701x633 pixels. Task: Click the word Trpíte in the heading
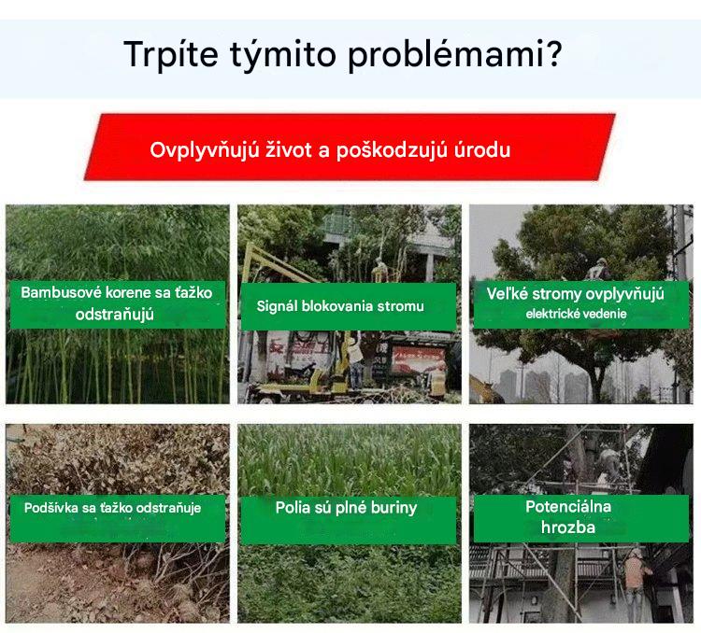[x=171, y=54]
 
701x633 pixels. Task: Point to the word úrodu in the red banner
[x=482, y=150]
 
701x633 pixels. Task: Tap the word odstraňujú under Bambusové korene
[x=114, y=315]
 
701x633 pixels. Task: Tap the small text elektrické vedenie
[x=576, y=314]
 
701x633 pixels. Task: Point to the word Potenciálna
[x=568, y=507]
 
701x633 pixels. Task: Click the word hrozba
[x=567, y=527]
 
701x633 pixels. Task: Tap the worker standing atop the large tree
[x=598, y=272]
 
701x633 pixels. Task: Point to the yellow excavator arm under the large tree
[x=486, y=388]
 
